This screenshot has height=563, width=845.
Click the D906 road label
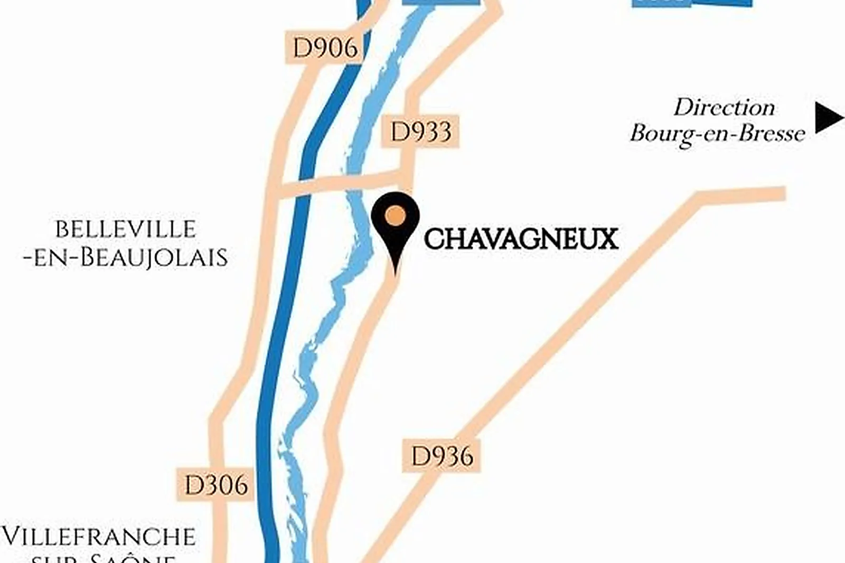point(325,48)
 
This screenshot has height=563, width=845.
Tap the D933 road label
point(421,132)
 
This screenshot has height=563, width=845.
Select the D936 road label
point(442,456)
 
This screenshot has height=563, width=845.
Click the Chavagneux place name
point(521,239)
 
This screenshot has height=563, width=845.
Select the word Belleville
point(126,230)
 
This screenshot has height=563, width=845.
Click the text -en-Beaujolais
point(126,258)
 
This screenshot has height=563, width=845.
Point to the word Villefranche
point(99,537)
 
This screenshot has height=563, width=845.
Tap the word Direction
point(725,108)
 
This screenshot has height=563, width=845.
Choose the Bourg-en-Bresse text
point(717,134)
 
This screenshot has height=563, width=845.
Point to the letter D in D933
point(399,132)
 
